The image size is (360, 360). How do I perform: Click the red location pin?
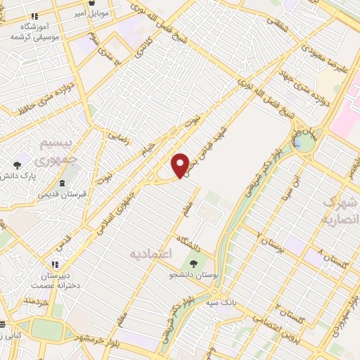click(181, 165)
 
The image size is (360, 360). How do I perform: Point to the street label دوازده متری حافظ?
click(44, 98)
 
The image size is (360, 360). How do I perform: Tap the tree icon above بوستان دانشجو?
click(193, 264)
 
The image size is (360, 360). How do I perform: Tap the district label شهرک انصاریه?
click(341, 210)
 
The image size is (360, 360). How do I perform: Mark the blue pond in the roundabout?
click(303, 144)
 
